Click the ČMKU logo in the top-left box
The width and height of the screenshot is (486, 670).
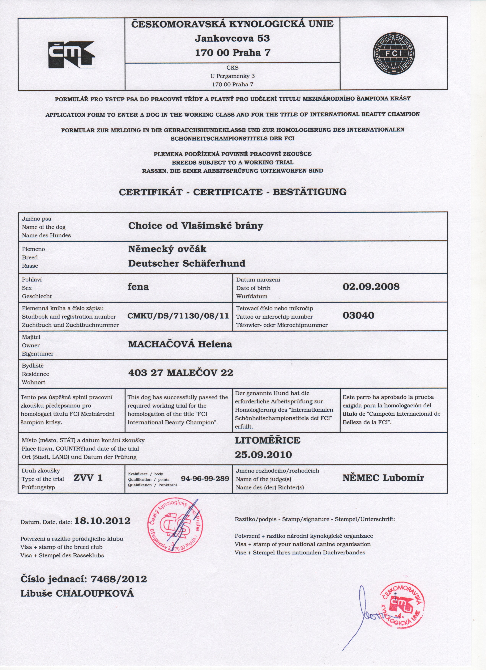pyautogui.click(x=71, y=55)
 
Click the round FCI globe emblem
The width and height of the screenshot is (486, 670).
pyautogui.click(x=394, y=53)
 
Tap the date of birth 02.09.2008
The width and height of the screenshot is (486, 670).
pyautogui.click(x=371, y=286)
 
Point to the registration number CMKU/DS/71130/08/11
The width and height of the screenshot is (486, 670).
pyautogui.click(x=178, y=316)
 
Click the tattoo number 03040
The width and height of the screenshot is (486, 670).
pyautogui.click(x=358, y=316)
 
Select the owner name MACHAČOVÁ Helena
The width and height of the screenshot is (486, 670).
pyautogui.click(x=180, y=344)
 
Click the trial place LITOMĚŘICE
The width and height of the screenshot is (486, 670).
pyautogui.click(x=267, y=440)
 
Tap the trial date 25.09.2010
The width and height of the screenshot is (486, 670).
pyautogui.click(x=263, y=455)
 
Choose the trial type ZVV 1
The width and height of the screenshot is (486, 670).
pyautogui.click(x=88, y=478)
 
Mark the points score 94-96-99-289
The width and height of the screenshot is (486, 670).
pyautogui.click(x=205, y=479)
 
